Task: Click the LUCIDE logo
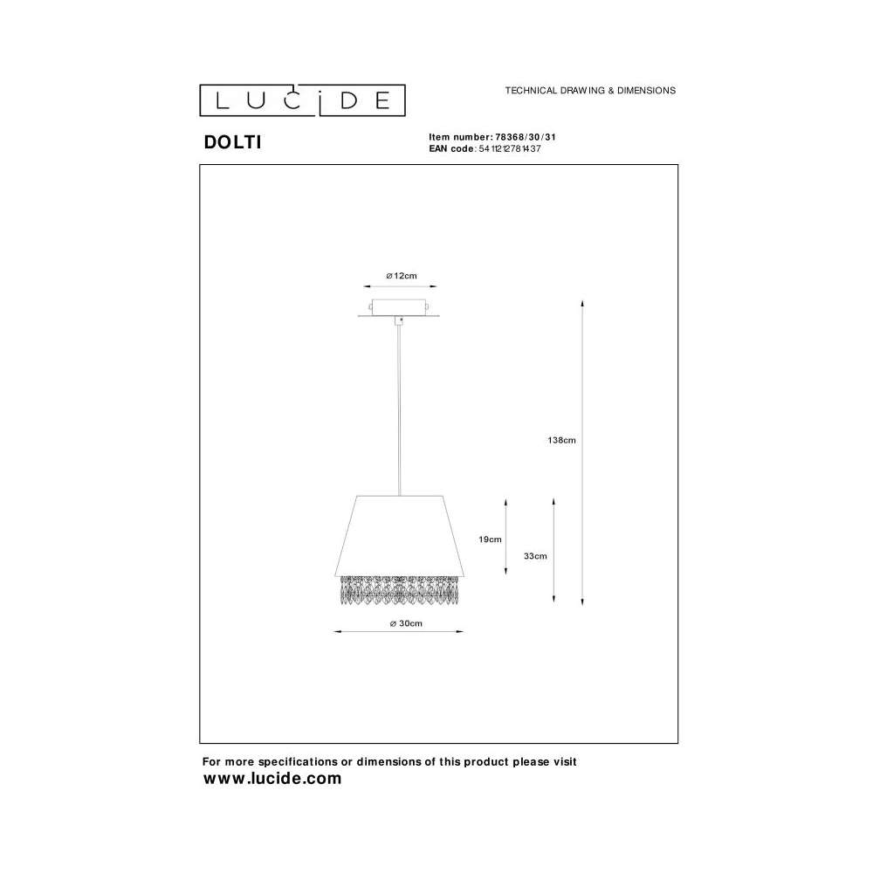click(x=302, y=100)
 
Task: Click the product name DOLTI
click(x=233, y=142)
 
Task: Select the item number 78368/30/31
click(x=526, y=137)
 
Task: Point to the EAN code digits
click(x=510, y=148)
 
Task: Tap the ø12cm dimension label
click(x=402, y=276)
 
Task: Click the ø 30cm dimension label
click(x=406, y=623)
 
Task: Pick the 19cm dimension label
click(x=490, y=539)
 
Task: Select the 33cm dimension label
click(x=535, y=555)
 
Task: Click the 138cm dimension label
click(x=561, y=440)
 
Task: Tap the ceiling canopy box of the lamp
click(x=399, y=308)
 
